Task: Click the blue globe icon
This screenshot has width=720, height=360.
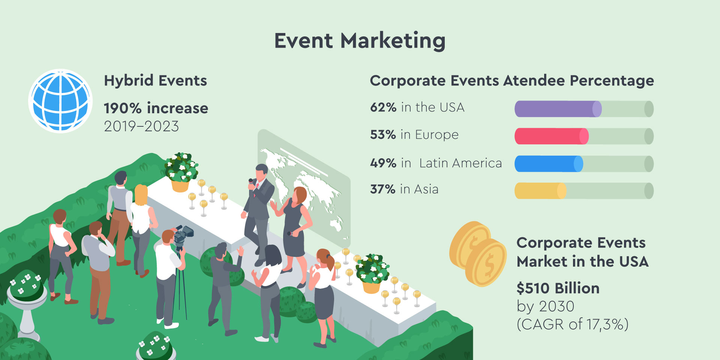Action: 60,101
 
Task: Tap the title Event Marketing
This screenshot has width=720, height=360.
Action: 360,41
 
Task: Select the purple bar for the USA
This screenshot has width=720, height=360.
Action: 558,109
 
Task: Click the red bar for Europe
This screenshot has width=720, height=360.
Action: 552,136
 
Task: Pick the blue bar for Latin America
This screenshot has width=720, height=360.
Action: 549,164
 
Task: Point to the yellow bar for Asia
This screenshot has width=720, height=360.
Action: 540,191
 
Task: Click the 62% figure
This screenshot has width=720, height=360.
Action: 383,107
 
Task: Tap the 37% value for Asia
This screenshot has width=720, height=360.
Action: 383,189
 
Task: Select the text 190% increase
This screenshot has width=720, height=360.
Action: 156,108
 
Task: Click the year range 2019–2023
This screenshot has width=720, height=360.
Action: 141,126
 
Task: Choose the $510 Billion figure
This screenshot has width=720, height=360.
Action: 558,288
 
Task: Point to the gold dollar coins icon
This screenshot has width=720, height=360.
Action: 478,254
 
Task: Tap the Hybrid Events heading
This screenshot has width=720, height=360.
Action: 156,81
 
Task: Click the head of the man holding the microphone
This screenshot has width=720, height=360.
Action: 261,172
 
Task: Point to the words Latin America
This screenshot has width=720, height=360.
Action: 460,163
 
